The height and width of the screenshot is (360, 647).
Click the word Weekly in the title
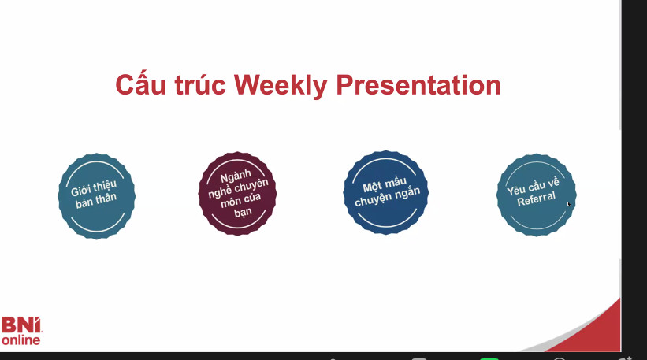281,85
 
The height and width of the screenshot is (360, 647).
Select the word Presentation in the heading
418,85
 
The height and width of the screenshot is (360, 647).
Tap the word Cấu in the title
140,84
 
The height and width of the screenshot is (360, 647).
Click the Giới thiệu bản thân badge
97,196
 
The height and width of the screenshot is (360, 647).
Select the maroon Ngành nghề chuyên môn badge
237,194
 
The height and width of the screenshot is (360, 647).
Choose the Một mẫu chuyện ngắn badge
386,192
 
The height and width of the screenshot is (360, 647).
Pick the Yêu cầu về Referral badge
536,195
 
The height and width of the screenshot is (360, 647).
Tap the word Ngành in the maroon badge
236,176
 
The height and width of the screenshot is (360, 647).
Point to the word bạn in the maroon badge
243,213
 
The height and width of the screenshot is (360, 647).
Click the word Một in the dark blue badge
371,187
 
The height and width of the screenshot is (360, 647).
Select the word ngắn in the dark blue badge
409,193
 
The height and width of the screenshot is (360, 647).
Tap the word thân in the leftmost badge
106,199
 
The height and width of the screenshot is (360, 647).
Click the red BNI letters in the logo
21,325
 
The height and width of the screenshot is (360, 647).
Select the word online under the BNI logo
20,340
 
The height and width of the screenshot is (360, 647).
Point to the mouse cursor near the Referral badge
569,204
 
